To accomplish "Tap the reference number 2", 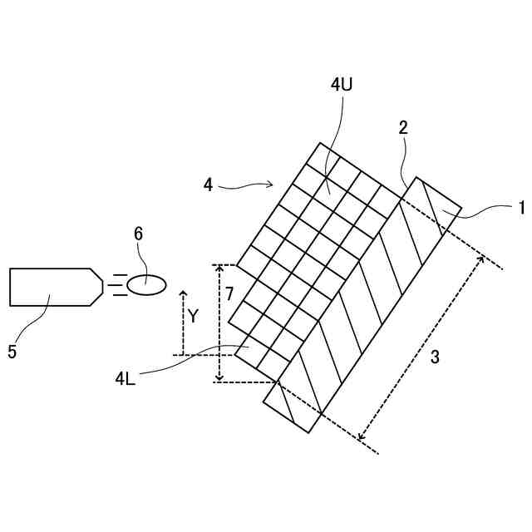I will (x=402, y=127).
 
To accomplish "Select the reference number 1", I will (x=520, y=206).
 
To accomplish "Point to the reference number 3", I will (x=435, y=357).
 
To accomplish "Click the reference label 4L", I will (x=126, y=379).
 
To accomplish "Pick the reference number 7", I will (x=229, y=293).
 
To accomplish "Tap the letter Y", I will (x=193, y=316).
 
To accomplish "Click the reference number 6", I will (x=138, y=234).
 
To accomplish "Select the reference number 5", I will (x=12, y=352).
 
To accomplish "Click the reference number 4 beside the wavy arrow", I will (x=208, y=185).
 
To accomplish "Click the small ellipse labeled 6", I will (x=146, y=285).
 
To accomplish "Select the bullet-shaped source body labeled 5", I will (x=50, y=287).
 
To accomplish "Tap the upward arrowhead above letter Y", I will (x=183, y=294).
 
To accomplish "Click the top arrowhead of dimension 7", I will (x=219, y=268).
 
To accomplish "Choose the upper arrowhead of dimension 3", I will (x=481, y=259).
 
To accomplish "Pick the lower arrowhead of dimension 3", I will (x=361, y=437).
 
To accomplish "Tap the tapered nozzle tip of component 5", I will (x=97, y=287).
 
